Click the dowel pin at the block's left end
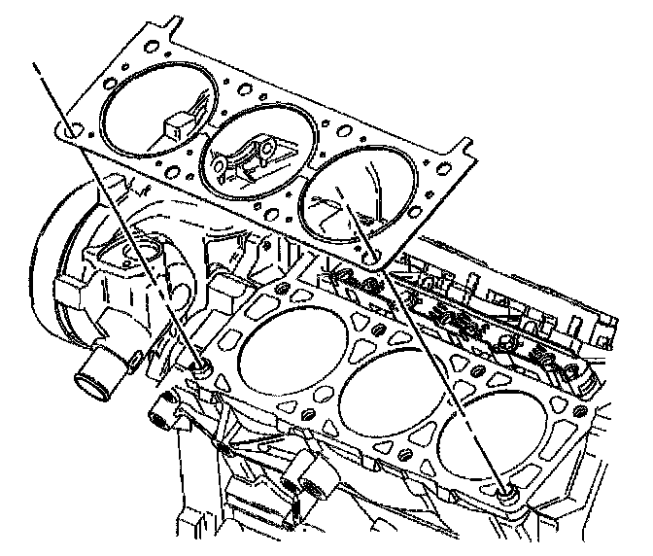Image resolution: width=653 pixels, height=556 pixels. tap(202, 365)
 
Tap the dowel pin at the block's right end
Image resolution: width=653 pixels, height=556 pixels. tap(505, 495)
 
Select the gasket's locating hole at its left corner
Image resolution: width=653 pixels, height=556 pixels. tap(69, 129)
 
